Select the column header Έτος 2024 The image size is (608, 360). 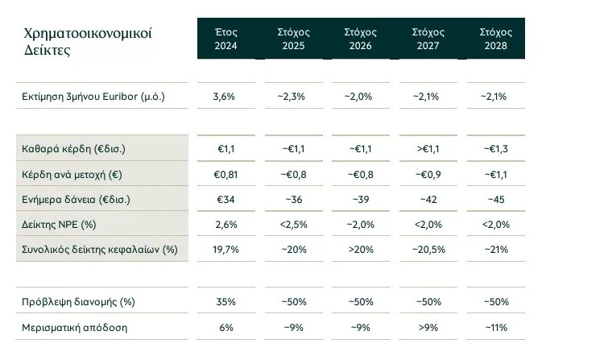(x=225, y=39)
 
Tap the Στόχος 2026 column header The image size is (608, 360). (x=360, y=39)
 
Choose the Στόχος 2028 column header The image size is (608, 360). (x=495, y=39)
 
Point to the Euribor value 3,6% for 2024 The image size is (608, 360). (x=225, y=97)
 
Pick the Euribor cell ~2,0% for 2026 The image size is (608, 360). (x=360, y=97)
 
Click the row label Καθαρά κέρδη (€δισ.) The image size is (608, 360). (x=74, y=149)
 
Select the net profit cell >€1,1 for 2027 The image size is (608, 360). (x=428, y=149)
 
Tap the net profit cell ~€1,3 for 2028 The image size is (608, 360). (x=495, y=149)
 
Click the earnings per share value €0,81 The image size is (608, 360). (x=225, y=174)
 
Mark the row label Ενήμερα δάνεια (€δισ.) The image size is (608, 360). (x=77, y=199)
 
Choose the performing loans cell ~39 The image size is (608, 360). (x=360, y=199)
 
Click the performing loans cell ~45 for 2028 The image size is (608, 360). (x=495, y=199)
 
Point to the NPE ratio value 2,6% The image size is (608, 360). (x=225, y=224)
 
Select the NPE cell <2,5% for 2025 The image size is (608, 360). (x=292, y=224)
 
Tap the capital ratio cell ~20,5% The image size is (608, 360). (x=428, y=249)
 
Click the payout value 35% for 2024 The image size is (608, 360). (x=225, y=302)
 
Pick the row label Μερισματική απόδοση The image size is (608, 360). (x=74, y=327)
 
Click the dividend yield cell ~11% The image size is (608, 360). (x=495, y=327)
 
